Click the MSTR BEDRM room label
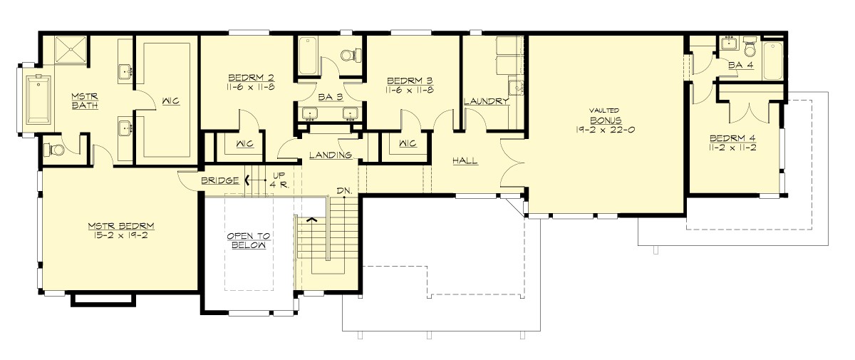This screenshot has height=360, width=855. coord(121,226)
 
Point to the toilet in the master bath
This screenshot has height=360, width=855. coord(51,150)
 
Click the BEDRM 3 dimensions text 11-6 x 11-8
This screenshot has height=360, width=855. coord(410,91)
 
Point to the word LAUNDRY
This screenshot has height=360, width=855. coord(487,101)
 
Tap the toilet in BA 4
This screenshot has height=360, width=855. coord(749,48)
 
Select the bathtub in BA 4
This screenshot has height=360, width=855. coord(772,60)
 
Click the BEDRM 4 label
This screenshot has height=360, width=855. coord(733,138)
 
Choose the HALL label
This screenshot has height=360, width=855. coord(465,161)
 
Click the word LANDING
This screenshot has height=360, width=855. coord(331,155)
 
